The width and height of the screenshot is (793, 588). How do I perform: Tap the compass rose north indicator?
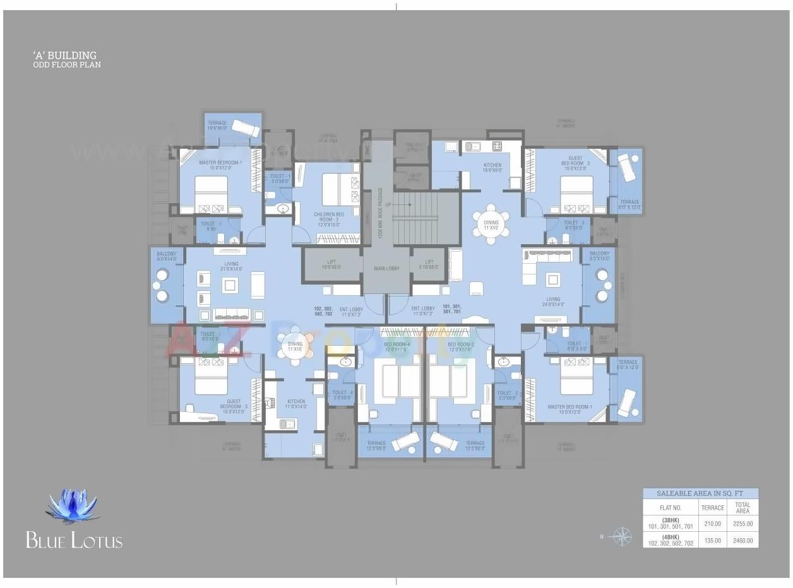coord(621,536)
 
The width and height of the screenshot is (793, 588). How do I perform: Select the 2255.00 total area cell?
coord(742,524)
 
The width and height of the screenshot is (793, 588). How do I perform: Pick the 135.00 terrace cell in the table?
coord(713,540)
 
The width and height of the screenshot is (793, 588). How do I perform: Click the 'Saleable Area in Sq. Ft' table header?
coord(700,494)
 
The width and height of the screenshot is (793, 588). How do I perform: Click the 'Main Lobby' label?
coord(387,269)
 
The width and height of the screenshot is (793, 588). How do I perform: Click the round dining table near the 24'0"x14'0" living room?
coord(491,223)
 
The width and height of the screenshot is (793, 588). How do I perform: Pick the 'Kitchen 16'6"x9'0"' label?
coord(492,168)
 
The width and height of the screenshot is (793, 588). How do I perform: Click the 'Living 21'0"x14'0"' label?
coord(232,266)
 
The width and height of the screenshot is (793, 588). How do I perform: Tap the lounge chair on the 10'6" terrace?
coord(244,128)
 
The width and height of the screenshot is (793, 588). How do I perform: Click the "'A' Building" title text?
coord(65,56)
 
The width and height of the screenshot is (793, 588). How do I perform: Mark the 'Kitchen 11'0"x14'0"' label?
coord(295,404)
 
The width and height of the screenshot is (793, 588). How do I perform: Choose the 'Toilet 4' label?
coord(342,395)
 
